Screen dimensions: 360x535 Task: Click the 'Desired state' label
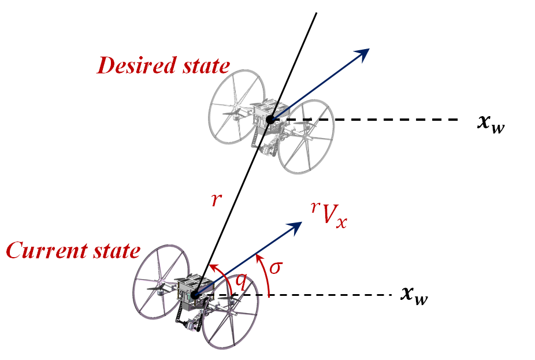163,66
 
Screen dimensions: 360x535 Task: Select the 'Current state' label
73,251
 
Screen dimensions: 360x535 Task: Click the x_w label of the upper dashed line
491,124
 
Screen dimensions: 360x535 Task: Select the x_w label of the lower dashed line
415,296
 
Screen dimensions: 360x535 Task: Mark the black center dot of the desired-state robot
270,120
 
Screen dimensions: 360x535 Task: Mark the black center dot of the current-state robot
195,295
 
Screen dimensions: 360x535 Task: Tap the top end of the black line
316,13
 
